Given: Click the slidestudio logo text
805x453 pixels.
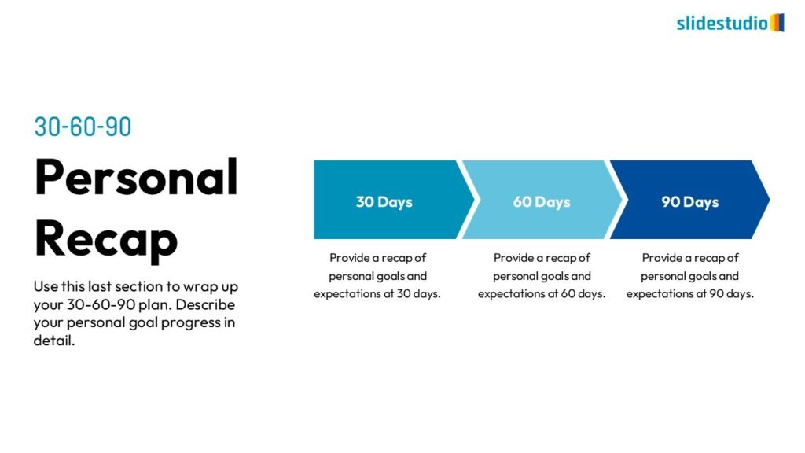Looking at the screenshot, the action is pos(722,23).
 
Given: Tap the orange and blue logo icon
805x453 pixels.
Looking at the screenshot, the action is pos(777,23).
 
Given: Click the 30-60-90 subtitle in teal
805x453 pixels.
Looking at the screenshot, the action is pos(83,127).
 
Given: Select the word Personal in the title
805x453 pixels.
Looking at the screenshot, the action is pos(136,177).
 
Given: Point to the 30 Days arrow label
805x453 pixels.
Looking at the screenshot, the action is pos(384,202).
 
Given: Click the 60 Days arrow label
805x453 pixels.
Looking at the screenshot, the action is pos(542,202).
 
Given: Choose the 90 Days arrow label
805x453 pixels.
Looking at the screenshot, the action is pos(690,202).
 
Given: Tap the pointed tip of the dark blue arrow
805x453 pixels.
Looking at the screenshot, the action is pos(769,199).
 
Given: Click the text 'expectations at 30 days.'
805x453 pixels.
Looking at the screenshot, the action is pos(377,294).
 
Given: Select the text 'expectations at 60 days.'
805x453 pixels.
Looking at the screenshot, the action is pos(542,294).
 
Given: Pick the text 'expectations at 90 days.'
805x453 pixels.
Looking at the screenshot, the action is pos(690,294).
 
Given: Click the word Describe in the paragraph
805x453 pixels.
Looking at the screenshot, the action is pos(205,304).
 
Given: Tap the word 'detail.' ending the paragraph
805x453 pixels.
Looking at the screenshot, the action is pos(54,340).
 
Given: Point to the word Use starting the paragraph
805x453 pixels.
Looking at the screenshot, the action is pos(45,286).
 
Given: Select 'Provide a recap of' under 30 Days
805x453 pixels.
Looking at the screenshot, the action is pos(378,258).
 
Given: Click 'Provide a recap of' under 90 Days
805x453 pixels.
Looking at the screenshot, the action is pos(690,258).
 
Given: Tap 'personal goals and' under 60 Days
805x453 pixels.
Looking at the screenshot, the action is pos(542,276).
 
